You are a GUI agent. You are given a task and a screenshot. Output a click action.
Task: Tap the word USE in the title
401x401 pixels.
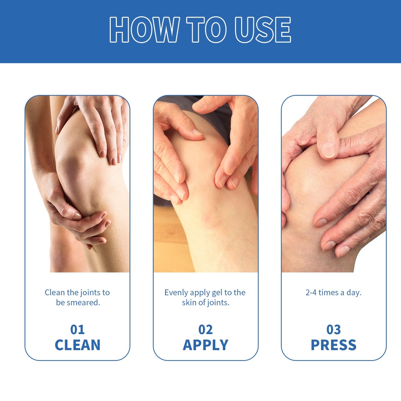(x=263, y=29)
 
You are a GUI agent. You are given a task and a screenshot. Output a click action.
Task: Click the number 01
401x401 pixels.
(x=78, y=329)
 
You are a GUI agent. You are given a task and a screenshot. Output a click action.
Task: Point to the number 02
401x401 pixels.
(x=206, y=329)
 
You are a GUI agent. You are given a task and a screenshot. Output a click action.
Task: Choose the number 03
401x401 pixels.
(x=334, y=329)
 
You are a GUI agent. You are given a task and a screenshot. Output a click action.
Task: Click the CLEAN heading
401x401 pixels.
(x=78, y=345)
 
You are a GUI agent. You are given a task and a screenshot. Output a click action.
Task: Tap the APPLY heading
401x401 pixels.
(x=206, y=345)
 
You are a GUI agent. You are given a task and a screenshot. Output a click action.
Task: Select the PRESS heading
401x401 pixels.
(x=334, y=345)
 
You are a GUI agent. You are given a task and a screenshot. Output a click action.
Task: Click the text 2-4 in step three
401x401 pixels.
(x=311, y=293)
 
